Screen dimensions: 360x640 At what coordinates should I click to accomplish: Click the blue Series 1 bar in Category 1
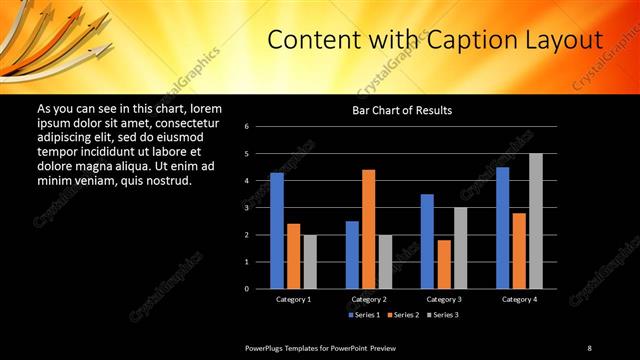coord(277,231)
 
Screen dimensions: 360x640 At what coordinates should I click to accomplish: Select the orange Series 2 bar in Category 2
coord(369,229)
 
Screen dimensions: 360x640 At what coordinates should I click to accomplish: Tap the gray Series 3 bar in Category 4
coord(536,221)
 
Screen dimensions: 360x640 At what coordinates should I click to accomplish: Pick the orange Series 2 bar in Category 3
coord(444,264)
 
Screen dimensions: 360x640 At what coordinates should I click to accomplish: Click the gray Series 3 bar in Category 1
coord(310,262)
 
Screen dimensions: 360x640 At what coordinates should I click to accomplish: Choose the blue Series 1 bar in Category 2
coord(352,255)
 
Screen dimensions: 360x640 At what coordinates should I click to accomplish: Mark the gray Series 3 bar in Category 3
coord(460,248)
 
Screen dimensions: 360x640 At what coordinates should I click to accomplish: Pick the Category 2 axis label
coord(369,299)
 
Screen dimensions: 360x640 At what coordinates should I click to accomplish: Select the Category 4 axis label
coord(519,299)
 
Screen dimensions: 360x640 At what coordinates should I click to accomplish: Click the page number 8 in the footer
coord(589,347)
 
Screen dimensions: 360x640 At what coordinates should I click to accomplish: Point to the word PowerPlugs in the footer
coord(266,347)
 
